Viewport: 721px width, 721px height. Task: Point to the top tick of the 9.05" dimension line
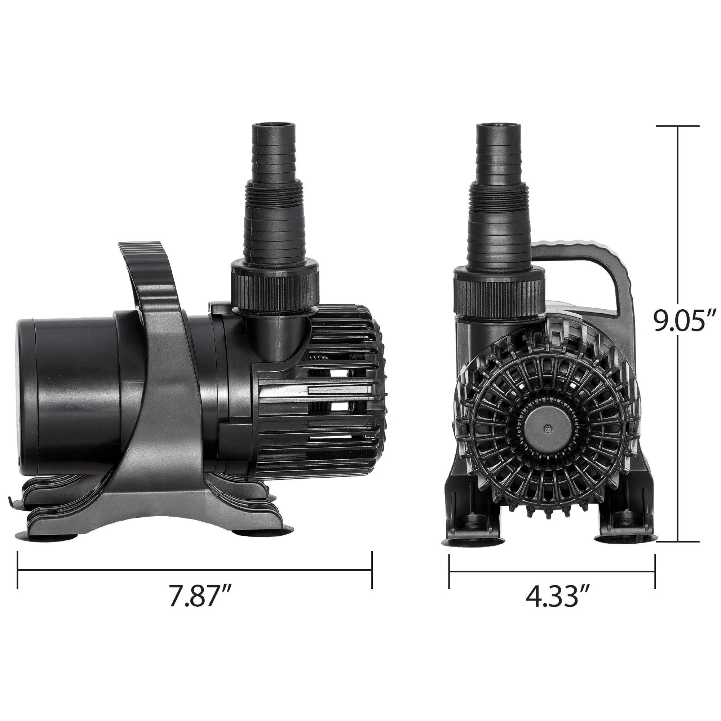pyautogui.click(x=678, y=126)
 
